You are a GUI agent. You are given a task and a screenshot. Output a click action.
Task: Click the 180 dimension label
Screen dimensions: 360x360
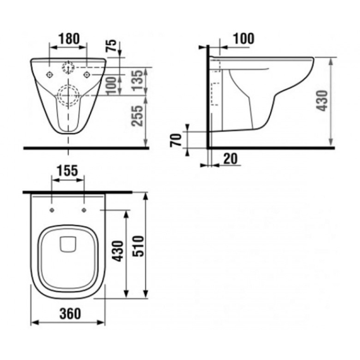coord(69,39)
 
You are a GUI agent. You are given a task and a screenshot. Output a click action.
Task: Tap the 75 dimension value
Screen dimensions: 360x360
coord(112,46)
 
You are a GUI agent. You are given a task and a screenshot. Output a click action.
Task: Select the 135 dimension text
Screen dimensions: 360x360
coord(138,80)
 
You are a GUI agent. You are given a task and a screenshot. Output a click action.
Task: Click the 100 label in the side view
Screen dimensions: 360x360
coord(244,39)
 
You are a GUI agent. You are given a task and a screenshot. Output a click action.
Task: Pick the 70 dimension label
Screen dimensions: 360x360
coord(176,140)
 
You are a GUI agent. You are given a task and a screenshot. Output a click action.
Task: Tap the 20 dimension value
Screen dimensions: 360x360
coord(230,158)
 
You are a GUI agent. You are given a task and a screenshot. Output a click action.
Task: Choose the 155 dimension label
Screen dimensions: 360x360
coord(68,171)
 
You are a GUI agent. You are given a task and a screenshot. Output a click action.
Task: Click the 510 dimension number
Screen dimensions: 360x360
coord(138,246)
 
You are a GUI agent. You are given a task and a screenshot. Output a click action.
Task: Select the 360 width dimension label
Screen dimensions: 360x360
coord(70,314)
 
